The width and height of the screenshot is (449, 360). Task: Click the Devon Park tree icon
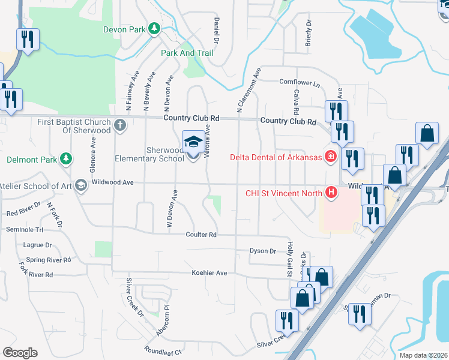[x=154, y=28]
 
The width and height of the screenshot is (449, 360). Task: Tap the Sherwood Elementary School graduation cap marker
[x=193, y=143]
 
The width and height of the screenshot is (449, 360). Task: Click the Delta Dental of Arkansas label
[x=277, y=157]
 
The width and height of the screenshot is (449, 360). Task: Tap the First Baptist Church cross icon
[x=120, y=125]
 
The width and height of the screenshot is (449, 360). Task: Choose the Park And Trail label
[x=187, y=53]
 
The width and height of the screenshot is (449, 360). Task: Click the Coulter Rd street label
[x=200, y=235]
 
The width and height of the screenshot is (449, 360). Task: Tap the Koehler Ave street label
[x=209, y=273]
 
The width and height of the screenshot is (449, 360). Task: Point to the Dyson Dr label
[x=262, y=251]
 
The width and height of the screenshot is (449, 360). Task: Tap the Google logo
[x=20, y=353]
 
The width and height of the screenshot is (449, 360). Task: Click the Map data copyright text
[x=422, y=355]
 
